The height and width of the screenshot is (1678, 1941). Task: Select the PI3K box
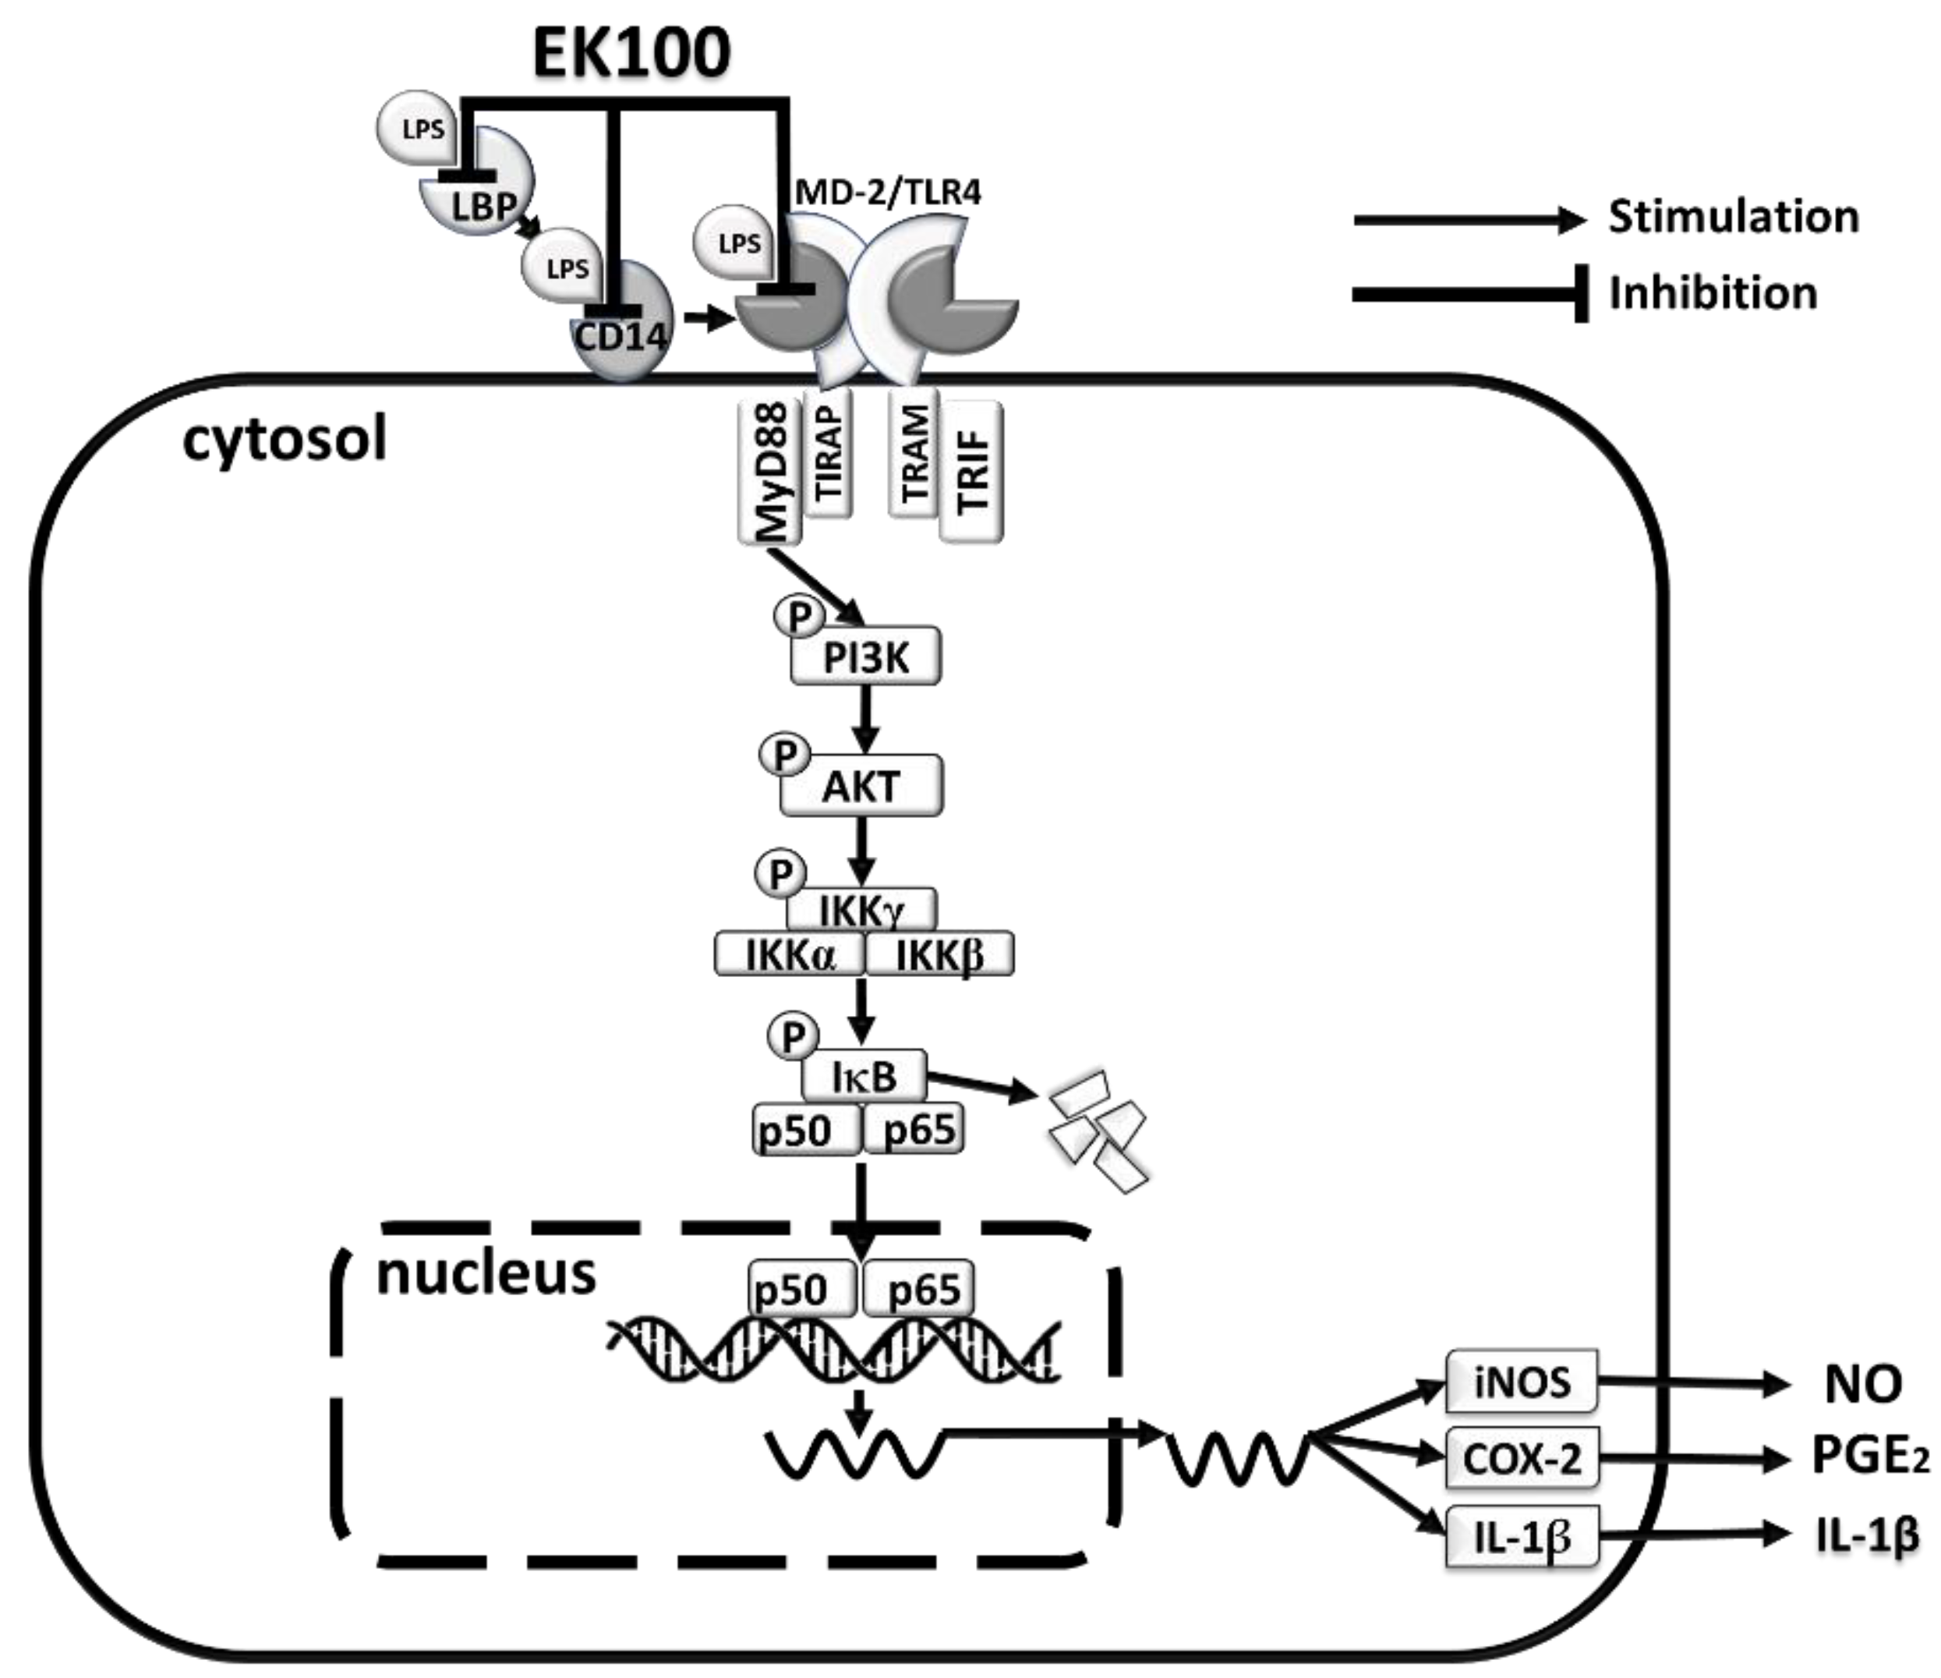click(x=865, y=656)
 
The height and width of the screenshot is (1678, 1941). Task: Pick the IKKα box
click(x=790, y=954)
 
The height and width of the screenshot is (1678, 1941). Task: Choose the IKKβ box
click(x=939, y=954)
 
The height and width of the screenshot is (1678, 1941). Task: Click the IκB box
click(x=864, y=1075)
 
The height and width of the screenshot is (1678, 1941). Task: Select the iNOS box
click(x=1522, y=1381)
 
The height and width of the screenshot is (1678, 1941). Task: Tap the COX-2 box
click(x=1522, y=1458)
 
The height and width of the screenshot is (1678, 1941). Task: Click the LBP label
click(x=483, y=206)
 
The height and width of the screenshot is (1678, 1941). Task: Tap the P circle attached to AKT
click(x=785, y=754)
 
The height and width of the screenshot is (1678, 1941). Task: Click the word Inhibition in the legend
click(x=1713, y=293)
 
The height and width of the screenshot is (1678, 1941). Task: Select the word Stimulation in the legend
click(x=1734, y=217)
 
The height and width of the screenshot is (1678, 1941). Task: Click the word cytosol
click(x=285, y=440)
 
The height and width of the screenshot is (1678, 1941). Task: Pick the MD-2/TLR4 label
click(x=888, y=192)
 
